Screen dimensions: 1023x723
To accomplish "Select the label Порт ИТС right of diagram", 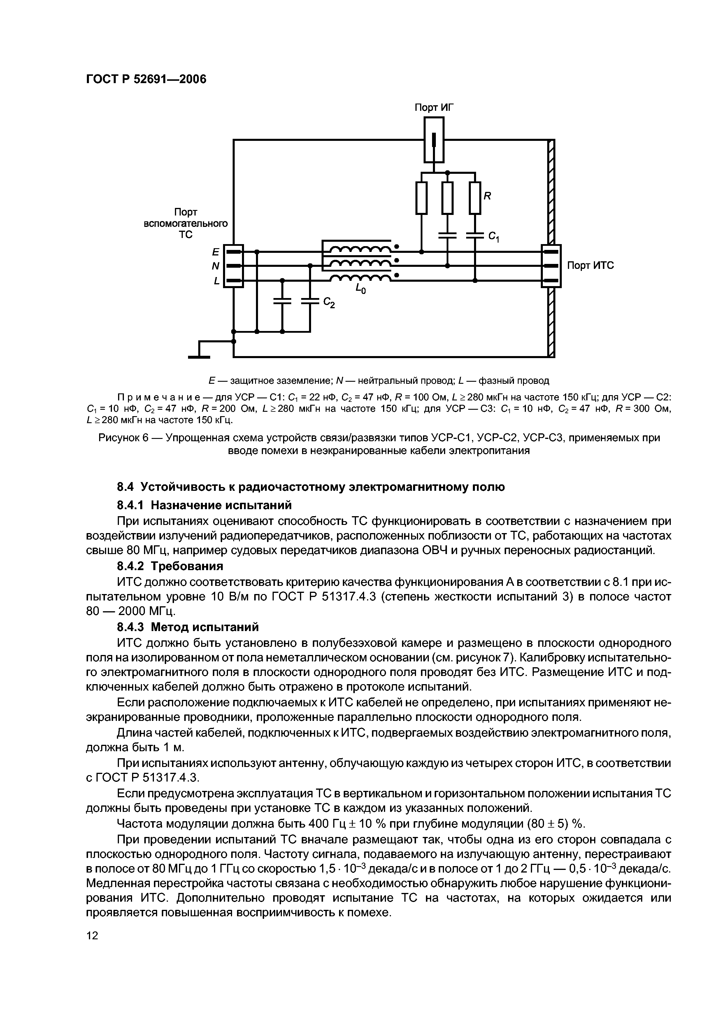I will point(590,266).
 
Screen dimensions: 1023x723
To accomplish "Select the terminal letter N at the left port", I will point(216,266).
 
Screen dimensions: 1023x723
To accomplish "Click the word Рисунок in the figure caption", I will point(118,438).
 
